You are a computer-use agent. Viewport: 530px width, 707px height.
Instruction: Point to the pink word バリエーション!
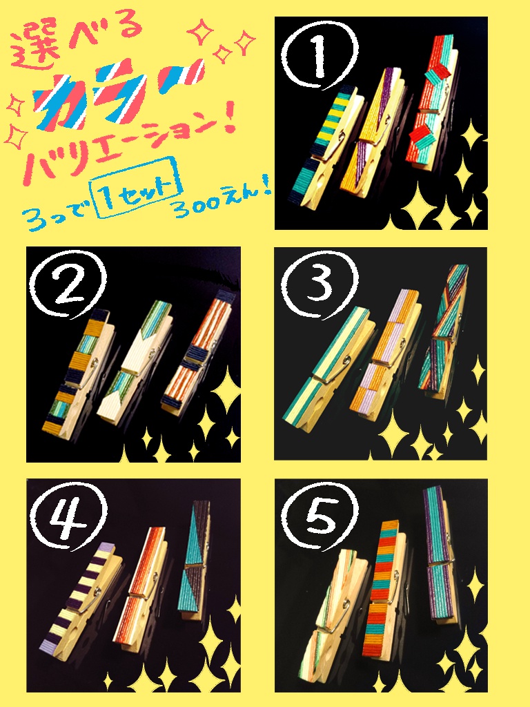[128, 147]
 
